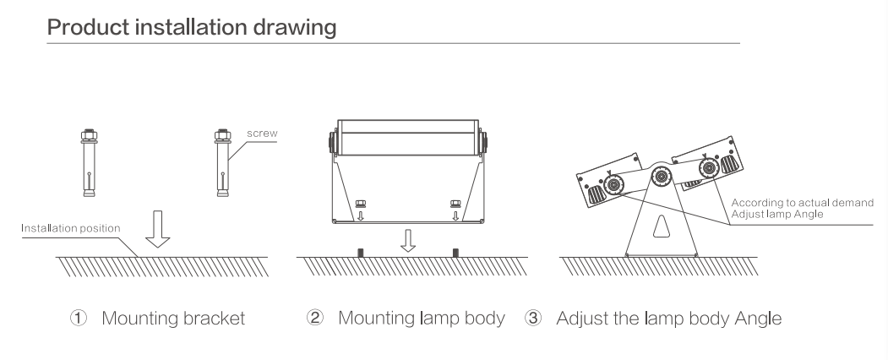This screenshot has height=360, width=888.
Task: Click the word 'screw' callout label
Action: [262, 134]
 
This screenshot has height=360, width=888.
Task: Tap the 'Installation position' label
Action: [71, 228]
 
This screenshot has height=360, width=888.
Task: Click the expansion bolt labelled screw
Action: [222, 163]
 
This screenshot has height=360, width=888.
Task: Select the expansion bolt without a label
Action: [89, 163]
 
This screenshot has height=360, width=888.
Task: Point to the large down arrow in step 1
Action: [157, 229]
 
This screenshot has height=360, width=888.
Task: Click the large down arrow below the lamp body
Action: [408, 241]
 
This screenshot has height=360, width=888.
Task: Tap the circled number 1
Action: [79, 318]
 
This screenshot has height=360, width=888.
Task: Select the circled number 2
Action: [315, 318]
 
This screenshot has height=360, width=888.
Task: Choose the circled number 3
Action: [533, 318]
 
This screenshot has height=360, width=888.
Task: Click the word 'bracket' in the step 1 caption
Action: [215, 318]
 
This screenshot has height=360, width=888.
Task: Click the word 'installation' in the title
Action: [192, 27]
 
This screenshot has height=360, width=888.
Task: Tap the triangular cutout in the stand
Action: [661, 226]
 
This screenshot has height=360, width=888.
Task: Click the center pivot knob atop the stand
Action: [661, 177]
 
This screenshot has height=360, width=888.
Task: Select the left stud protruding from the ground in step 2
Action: [361, 253]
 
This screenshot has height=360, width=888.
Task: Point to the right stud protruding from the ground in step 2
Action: [455, 253]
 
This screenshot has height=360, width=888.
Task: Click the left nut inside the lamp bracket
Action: [360, 204]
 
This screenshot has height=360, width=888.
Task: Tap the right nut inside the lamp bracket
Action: [455, 204]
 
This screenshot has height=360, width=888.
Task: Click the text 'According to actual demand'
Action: [803, 203]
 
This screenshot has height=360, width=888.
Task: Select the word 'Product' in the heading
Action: [89, 27]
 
